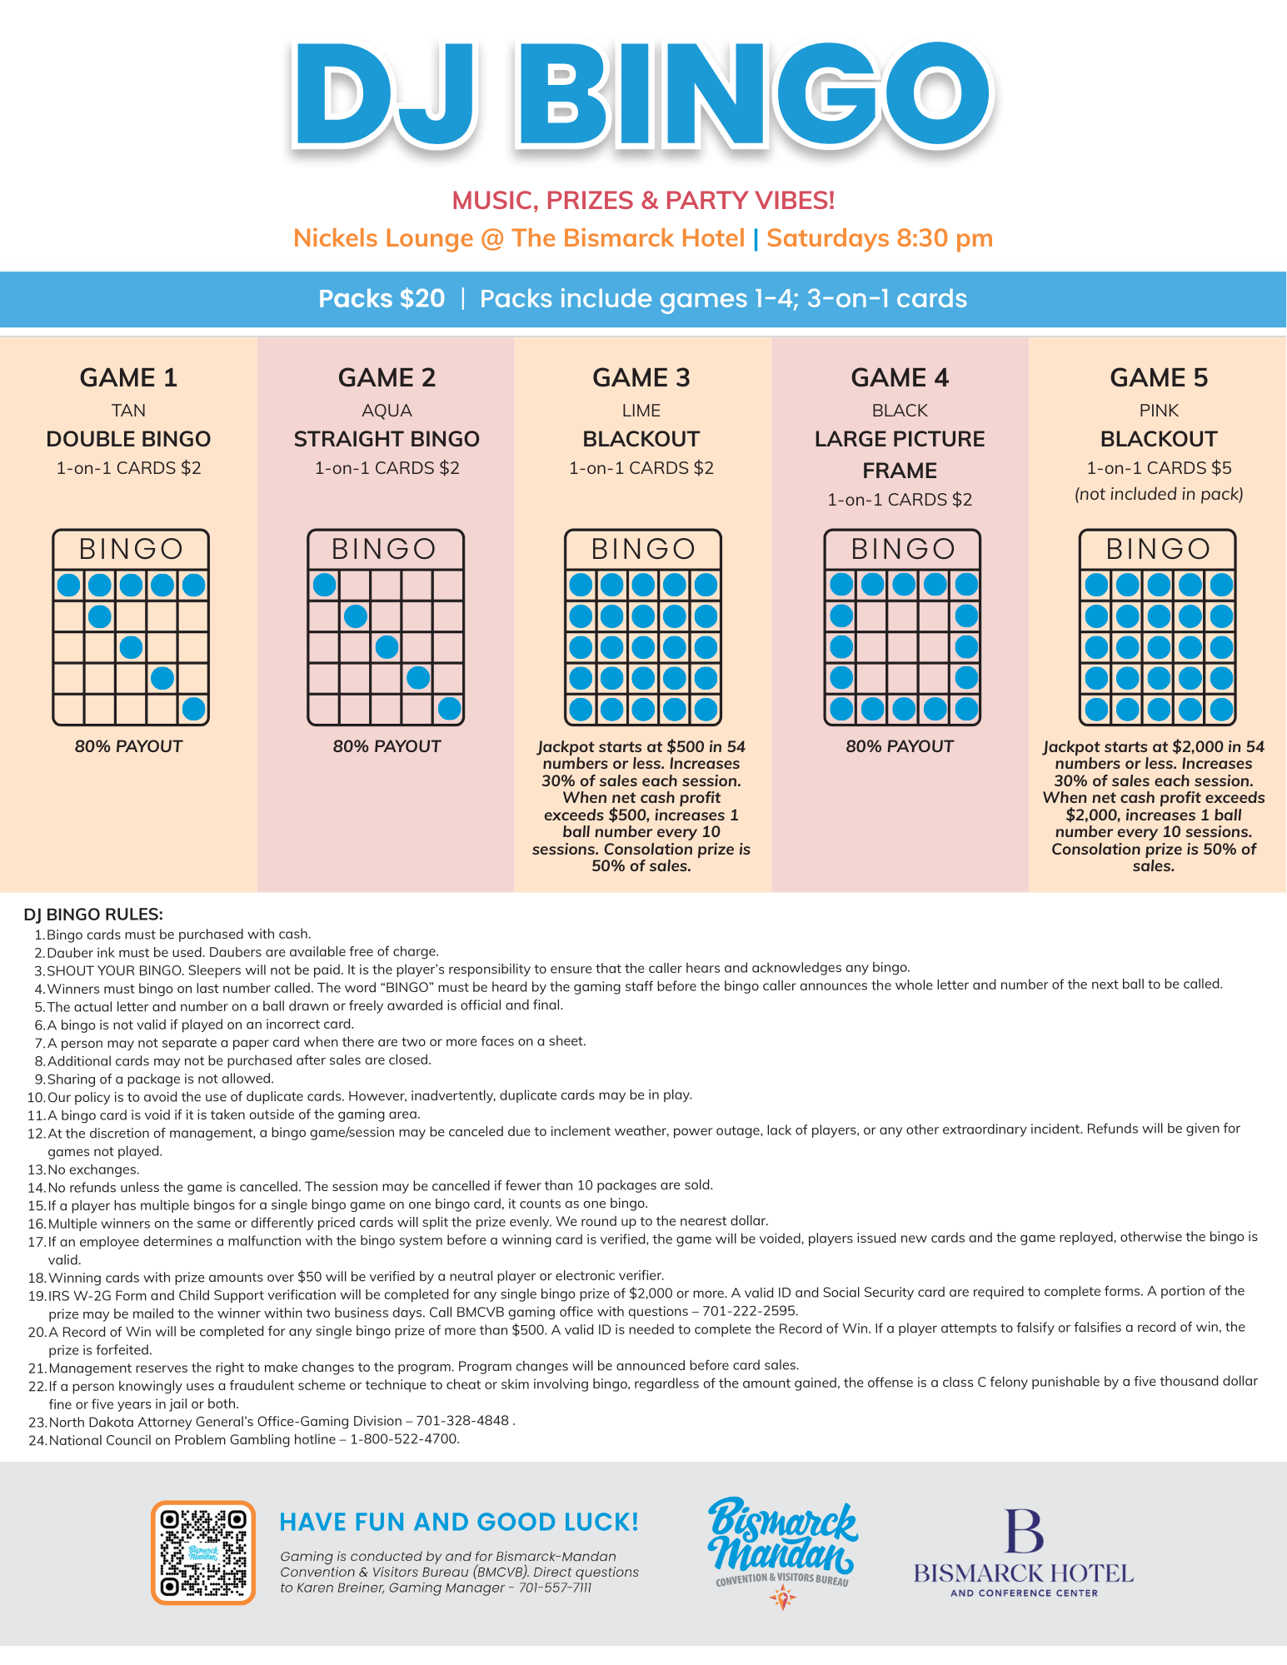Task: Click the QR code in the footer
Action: (202, 1553)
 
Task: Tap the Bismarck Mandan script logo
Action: (781, 1540)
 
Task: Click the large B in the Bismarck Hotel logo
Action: (1023, 1531)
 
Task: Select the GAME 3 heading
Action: (641, 377)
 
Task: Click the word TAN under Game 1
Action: (128, 411)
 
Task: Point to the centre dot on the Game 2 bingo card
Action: (387, 647)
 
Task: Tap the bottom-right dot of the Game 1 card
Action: (193, 710)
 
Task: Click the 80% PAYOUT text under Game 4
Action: (899, 746)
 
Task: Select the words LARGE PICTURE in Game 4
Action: (899, 439)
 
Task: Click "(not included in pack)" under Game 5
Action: (1158, 494)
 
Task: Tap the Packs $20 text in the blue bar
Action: (382, 298)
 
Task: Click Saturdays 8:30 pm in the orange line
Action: (880, 238)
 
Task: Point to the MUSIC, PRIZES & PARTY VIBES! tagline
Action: (643, 200)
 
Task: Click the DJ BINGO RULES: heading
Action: (93, 915)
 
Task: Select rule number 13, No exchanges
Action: (92, 1169)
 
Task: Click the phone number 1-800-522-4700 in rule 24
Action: (404, 1439)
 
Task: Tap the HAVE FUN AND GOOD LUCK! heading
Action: (459, 1522)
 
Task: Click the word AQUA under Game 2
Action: (387, 411)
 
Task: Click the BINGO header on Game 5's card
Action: (1157, 549)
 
